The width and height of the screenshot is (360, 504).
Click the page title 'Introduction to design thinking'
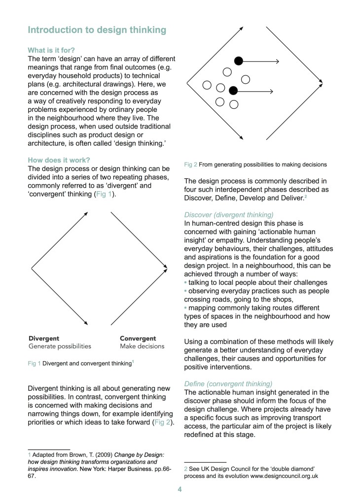pyautogui.click(x=97, y=30)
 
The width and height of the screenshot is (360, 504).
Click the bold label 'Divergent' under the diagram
pyautogui.click(x=44, y=338)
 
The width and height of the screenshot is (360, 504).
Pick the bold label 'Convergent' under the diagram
pyautogui.click(x=138, y=338)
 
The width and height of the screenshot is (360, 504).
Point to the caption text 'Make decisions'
pyautogui.click(x=142, y=346)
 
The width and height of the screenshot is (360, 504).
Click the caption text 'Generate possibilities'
pyautogui.click(x=60, y=346)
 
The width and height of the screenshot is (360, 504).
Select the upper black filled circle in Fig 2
pyautogui.click(x=238, y=61)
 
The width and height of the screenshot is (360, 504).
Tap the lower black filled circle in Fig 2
pyautogui.click(x=233, y=91)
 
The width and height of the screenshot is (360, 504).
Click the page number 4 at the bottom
pyautogui.click(x=180, y=490)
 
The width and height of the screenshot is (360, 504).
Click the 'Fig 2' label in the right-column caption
pyautogui.click(x=190, y=164)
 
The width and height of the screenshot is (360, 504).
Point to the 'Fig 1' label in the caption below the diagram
pyautogui.click(x=34, y=364)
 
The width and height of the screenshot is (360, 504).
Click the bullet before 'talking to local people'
pyautogui.click(x=185, y=283)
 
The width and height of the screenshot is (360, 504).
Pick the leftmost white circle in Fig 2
pyautogui.click(x=207, y=85)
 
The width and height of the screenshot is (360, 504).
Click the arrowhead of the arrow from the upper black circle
pyautogui.click(x=277, y=61)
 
